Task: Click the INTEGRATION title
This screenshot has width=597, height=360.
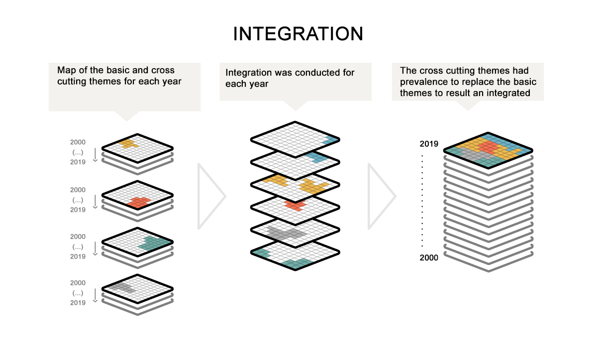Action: point(298,34)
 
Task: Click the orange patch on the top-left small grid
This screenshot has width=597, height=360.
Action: point(128,144)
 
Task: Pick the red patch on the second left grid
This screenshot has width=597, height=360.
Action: point(139,202)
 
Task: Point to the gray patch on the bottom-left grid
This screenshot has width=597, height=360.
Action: point(122,288)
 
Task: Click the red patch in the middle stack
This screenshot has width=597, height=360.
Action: point(295,205)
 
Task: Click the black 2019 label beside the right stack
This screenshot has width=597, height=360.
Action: point(429,144)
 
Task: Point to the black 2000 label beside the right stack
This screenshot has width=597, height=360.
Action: point(429,258)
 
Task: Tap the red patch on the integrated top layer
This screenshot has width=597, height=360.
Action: point(489,147)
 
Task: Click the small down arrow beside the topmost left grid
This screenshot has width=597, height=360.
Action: point(95,155)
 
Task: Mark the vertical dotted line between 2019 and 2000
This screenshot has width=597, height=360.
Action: point(422,201)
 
